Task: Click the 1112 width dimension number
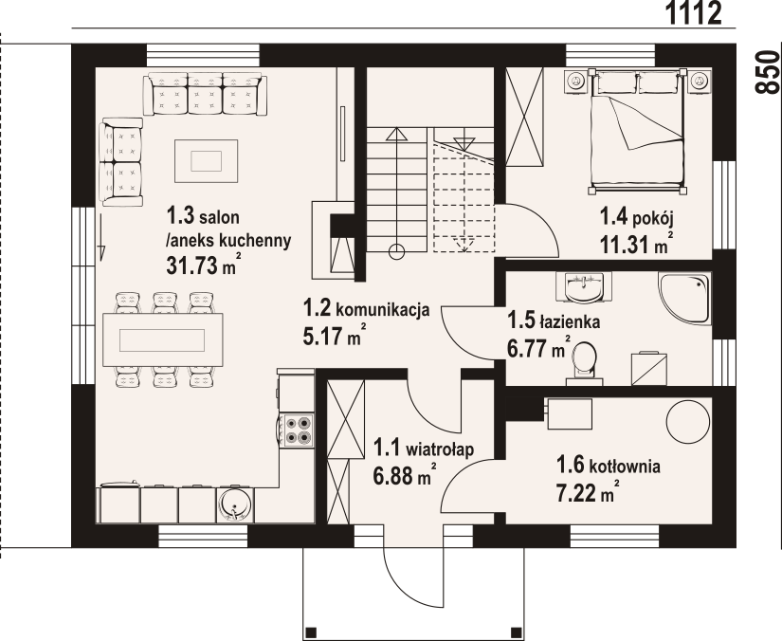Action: [x=694, y=13]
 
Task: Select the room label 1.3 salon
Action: [x=203, y=217]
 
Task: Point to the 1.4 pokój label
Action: [x=636, y=218]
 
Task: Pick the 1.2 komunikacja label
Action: [x=366, y=309]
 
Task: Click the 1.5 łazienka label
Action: [x=553, y=321]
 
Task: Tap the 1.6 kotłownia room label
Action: [x=609, y=466]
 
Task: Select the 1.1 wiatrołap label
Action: [x=424, y=449]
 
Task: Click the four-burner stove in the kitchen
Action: [x=297, y=430]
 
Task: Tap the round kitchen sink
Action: [x=235, y=504]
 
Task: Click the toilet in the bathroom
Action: [x=584, y=364]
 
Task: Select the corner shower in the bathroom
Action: [x=684, y=298]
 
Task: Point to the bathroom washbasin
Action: [x=584, y=287]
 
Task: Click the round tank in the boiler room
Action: [x=688, y=421]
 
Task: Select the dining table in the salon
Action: [x=163, y=340]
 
